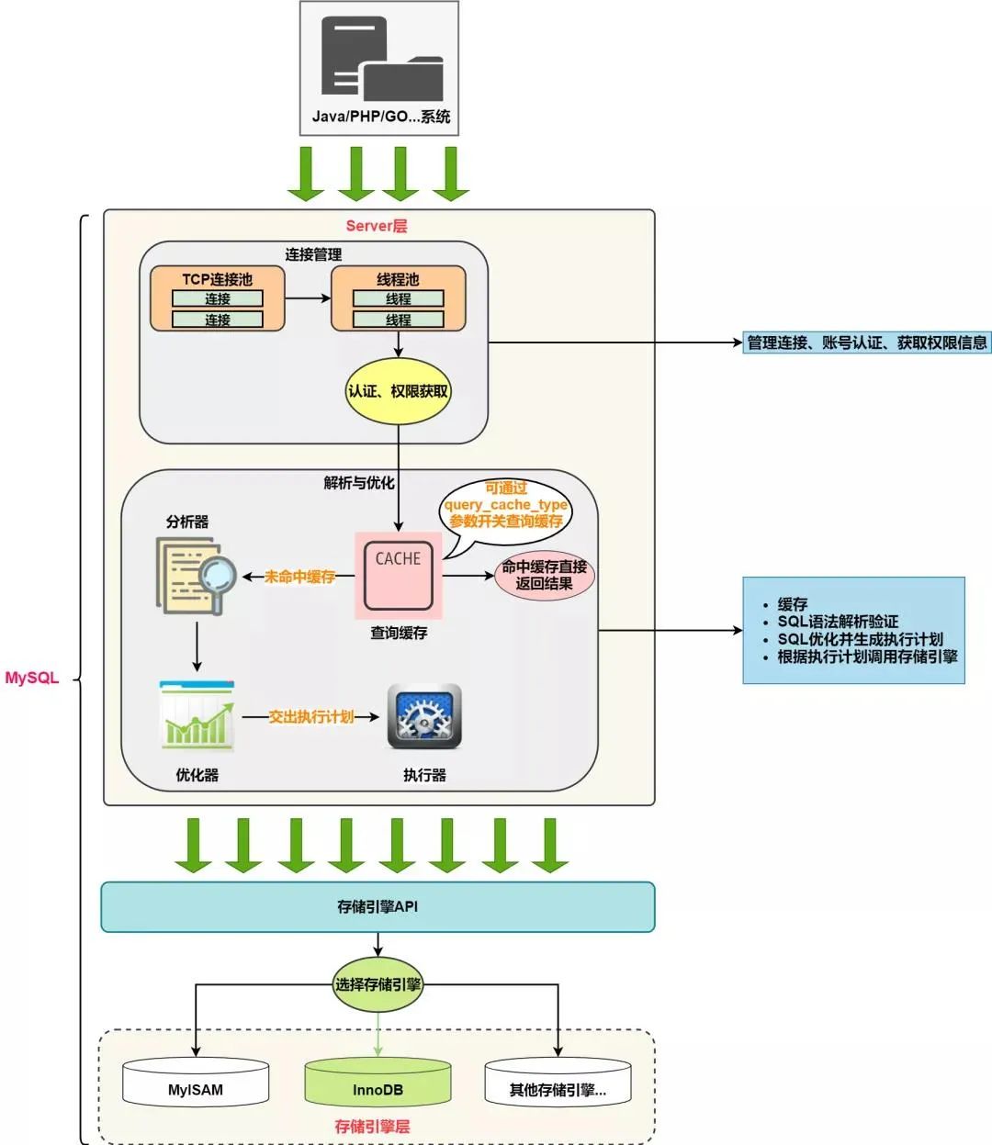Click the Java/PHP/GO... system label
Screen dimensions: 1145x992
point(380,117)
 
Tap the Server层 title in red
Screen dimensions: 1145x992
point(377,226)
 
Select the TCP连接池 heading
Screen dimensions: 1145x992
point(217,279)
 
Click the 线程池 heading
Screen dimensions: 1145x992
point(398,279)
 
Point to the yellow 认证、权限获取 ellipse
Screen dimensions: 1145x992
point(398,391)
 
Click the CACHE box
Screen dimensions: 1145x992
point(398,576)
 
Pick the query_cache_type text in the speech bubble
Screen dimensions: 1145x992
point(506,505)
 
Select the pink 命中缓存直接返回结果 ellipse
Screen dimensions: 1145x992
point(544,576)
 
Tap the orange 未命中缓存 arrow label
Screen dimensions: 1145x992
point(299,577)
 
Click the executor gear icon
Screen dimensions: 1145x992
point(424,717)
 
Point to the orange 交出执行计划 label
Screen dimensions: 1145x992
point(310,717)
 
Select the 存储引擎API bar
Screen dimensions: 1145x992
point(378,907)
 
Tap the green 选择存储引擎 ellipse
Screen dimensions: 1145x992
point(378,984)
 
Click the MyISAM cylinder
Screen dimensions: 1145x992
point(196,1084)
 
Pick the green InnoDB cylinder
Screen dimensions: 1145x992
point(378,1084)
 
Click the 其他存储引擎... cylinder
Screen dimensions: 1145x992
point(558,1084)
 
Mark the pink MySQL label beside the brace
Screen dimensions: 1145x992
point(32,679)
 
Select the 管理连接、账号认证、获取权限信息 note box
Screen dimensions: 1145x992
point(866,343)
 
